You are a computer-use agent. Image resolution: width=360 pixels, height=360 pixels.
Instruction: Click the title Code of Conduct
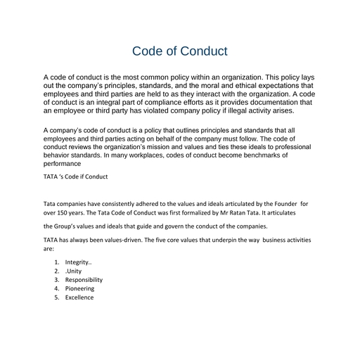tap(180, 51)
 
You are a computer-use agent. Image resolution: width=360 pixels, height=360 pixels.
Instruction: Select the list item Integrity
tap(79, 262)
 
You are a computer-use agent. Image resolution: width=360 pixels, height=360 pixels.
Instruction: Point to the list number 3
tap(56, 279)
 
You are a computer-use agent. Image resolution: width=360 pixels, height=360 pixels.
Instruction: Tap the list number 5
tap(56, 297)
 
